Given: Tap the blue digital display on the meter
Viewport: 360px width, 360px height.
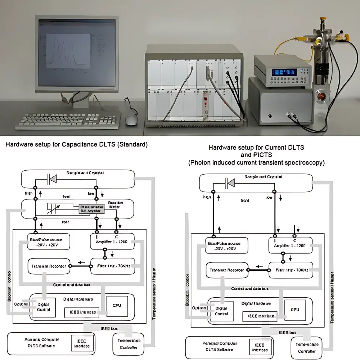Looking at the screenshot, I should pyautogui.click(x=283, y=72).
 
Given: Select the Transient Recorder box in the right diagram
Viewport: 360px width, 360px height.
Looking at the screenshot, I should pyautogui.click(x=227, y=270).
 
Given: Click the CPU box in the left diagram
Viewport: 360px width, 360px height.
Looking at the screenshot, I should pyautogui.click(x=117, y=305).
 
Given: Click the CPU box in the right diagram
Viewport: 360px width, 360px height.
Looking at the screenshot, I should pyautogui.click(x=295, y=310).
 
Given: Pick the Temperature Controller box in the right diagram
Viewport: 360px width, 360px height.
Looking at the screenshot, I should pyautogui.click(x=306, y=348).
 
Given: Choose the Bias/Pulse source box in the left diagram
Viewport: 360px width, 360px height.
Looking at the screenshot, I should pyautogui.click(x=48, y=242).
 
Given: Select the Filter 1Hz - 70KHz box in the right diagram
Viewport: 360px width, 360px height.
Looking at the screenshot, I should pyautogui.click(x=291, y=270).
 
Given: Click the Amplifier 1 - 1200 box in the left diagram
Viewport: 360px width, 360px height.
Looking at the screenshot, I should pyautogui.click(x=112, y=242).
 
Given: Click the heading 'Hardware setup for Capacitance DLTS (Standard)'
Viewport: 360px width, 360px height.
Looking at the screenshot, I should pyautogui.click(x=76, y=145).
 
